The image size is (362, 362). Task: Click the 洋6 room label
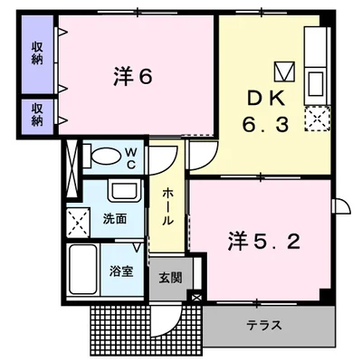[x=132, y=78]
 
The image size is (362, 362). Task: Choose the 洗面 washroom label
[x=115, y=218]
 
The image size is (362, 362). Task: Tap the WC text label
[x=130, y=159]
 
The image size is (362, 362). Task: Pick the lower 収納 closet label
[x=38, y=115]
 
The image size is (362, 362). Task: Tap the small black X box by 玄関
[x=196, y=297]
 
